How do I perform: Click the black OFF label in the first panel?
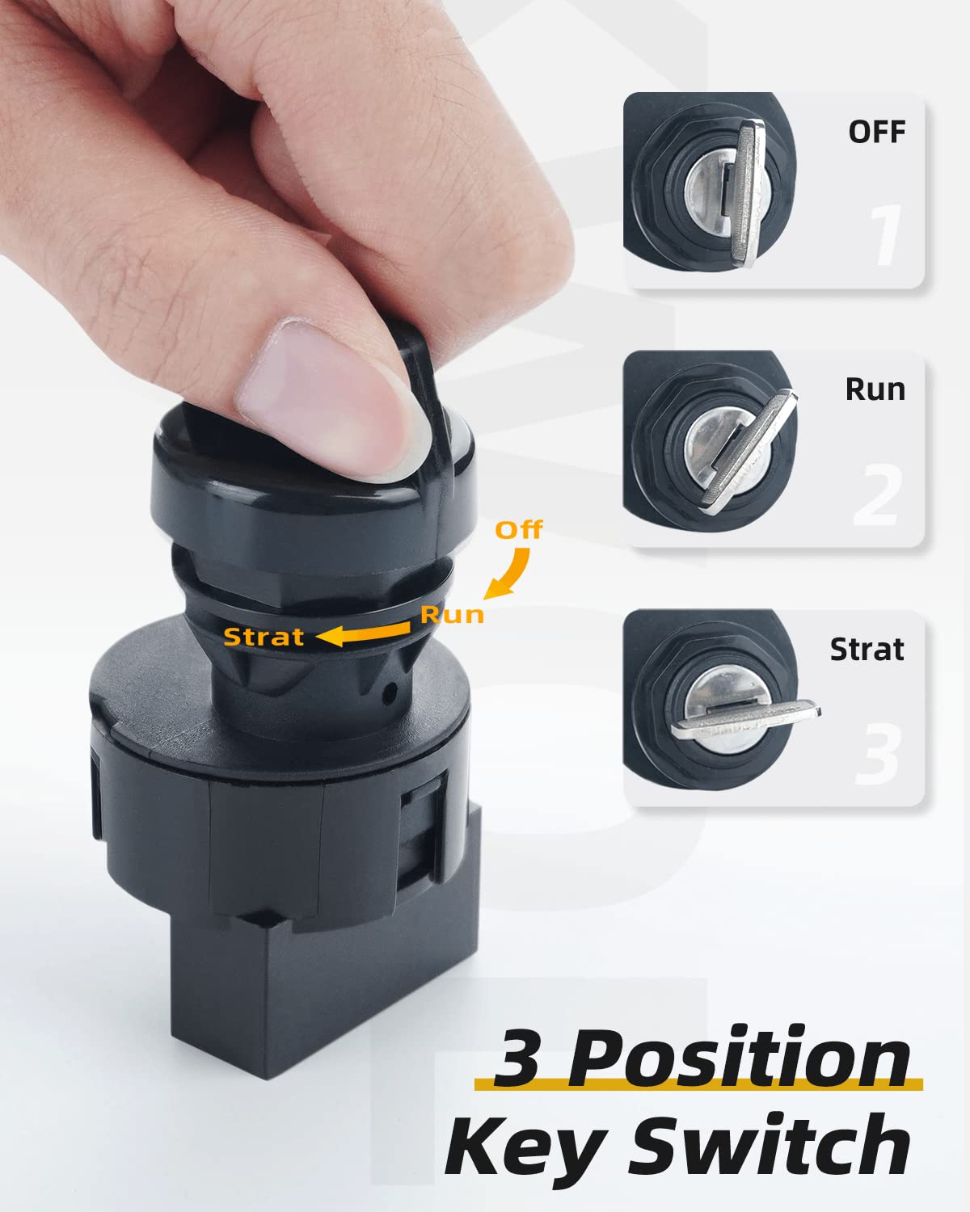click(876, 132)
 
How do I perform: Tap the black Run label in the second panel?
click(875, 389)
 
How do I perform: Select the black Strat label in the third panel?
click(867, 650)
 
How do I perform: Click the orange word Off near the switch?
click(518, 530)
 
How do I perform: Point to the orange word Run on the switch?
click(452, 615)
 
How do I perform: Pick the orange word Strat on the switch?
click(264, 637)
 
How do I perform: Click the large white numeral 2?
click(877, 494)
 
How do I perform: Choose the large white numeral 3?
click(877, 754)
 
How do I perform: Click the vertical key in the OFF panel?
click(748, 191)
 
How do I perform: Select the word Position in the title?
click(740, 1058)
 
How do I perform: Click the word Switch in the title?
click(772, 1146)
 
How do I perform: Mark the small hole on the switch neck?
click(391, 692)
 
